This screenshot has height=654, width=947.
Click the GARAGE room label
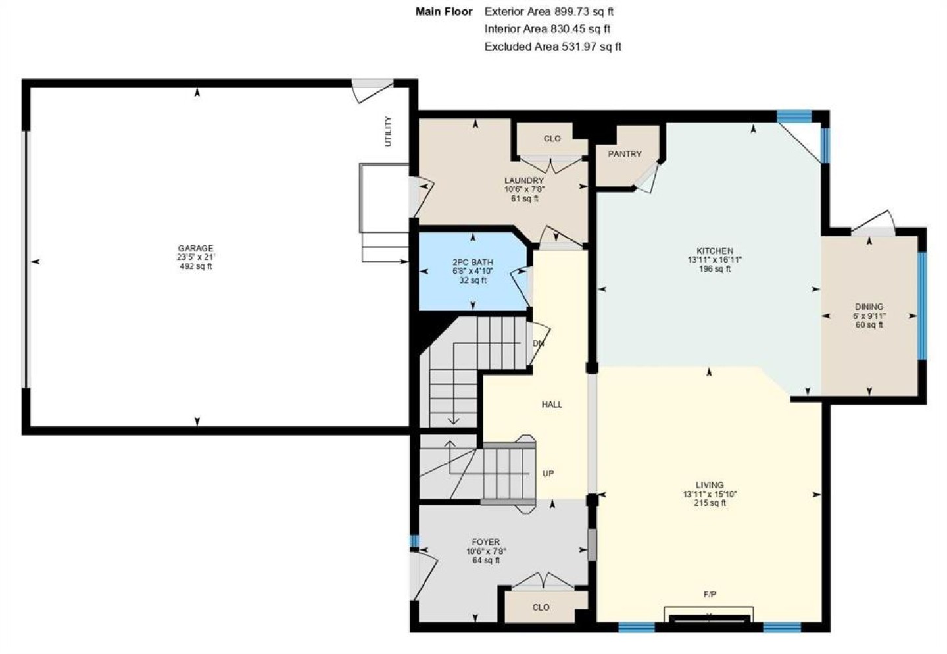[195, 248]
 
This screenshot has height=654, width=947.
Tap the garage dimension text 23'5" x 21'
[196, 257]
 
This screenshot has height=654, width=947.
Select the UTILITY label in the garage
[388, 132]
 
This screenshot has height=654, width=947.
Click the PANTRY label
[625, 154]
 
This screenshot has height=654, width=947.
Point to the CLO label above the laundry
[552, 139]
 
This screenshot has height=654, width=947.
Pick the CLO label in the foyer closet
[541, 607]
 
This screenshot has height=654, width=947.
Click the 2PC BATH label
[473, 263]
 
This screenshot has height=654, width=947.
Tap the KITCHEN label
[715, 251]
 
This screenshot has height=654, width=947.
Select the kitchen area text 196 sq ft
[715, 269]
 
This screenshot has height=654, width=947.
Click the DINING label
[869, 307]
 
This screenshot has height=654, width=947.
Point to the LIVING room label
[710, 485]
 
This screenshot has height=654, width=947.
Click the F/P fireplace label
[710, 594]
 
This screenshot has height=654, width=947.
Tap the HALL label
[552, 405]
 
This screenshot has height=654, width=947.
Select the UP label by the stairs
[548, 473]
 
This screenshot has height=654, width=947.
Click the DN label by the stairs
[538, 343]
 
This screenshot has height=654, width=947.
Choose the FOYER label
[486, 542]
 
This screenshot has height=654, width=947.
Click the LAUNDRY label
[523, 181]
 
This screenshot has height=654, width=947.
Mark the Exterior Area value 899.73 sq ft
[584, 11]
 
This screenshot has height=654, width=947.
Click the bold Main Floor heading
[444, 11]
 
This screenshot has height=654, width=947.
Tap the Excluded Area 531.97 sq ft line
[553, 47]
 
